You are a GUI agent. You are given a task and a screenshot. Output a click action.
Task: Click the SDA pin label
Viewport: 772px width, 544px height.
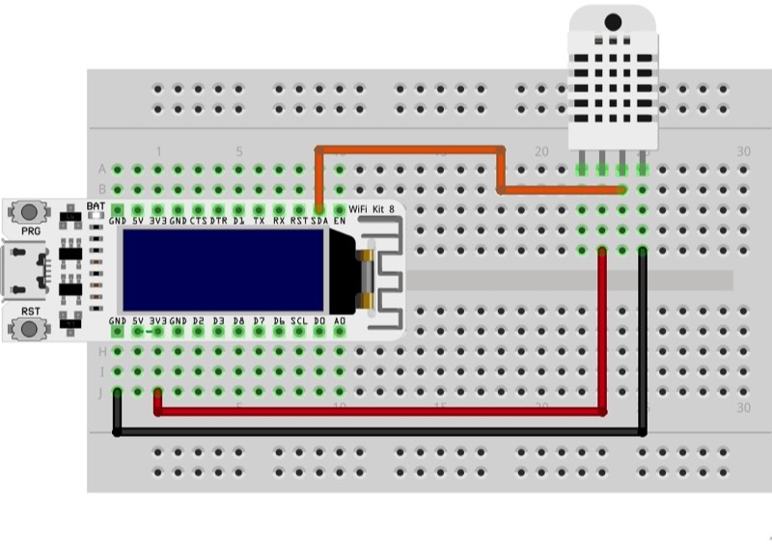[x=319, y=221]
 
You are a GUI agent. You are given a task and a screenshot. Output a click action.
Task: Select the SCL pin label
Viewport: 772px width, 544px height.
[x=299, y=320]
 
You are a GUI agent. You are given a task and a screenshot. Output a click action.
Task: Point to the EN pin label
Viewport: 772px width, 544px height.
[x=340, y=221]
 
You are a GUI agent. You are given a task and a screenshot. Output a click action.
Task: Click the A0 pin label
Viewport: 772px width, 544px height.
[x=340, y=320]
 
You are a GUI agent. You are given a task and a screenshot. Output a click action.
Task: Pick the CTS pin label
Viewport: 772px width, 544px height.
[x=198, y=221]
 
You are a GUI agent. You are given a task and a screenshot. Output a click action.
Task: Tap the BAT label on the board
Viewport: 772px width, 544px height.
[x=96, y=206]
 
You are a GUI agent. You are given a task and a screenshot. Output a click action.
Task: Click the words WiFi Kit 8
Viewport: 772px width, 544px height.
[x=371, y=208]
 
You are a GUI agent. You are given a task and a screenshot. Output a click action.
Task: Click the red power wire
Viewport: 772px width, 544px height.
[x=386, y=412]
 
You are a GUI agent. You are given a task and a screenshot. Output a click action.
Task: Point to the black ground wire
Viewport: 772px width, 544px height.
[x=386, y=433]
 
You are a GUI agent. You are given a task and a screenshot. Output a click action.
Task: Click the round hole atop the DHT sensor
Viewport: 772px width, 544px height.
[x=613, y=20]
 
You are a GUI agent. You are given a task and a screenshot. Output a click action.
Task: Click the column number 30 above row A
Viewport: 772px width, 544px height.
[x=742, y=151]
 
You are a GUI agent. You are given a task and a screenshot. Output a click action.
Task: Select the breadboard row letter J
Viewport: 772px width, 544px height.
[x=101, y=392]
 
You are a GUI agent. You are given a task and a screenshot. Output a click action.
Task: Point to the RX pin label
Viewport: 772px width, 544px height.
[x=279, y=221]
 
